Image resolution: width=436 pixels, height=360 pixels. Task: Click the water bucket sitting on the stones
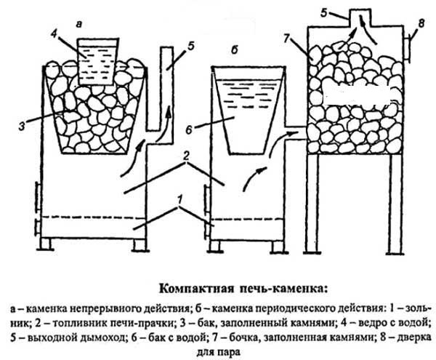pos(100,58)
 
